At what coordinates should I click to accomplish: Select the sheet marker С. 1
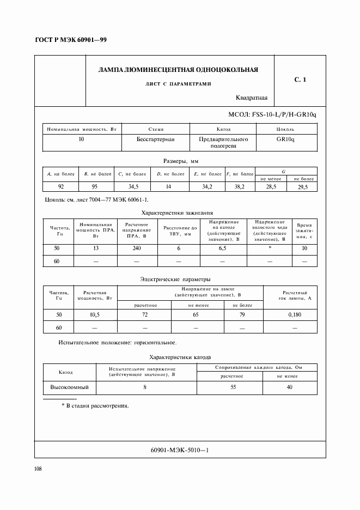(300, 80)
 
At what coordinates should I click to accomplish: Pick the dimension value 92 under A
(60, 186)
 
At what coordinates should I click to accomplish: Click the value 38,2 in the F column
(239, 186)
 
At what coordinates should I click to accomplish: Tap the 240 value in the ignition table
(134, 248)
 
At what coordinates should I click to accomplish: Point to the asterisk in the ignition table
(270, 248)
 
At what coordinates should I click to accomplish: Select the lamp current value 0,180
(295, 315)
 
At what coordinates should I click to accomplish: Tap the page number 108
(39, 469)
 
